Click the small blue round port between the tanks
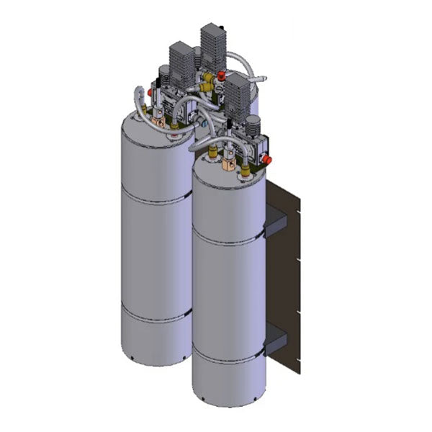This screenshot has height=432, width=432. point(204,123)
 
